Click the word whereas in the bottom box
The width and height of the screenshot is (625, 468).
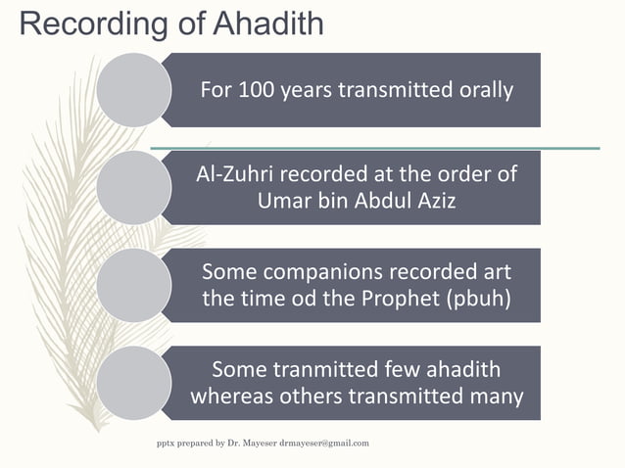coord(234,397)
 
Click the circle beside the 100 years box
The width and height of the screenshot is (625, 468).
coord(133,89)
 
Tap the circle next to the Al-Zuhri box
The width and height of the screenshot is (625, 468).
coord(133,187)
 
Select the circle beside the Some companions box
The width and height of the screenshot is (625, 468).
coord(133,285)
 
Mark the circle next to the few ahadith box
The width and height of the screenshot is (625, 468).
coord(133,383)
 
